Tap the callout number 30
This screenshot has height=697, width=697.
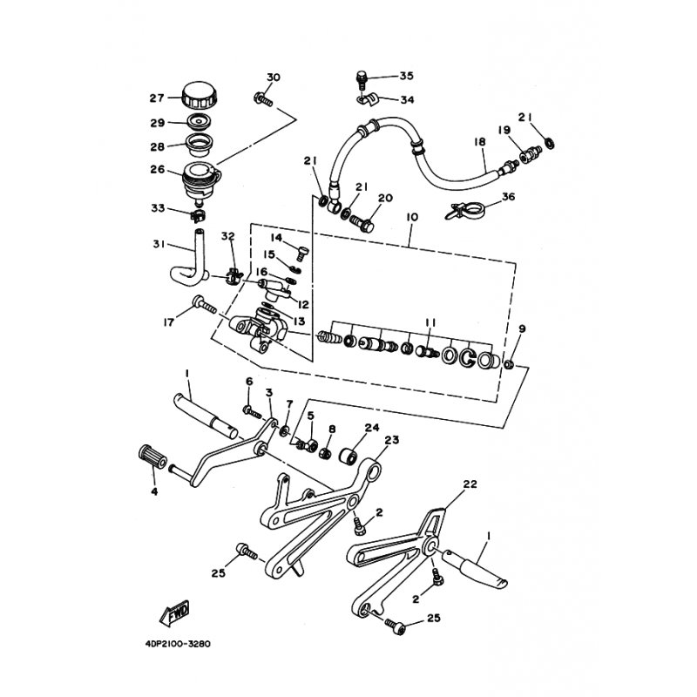click(273, 78)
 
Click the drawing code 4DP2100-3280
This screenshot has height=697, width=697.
click(173, 646)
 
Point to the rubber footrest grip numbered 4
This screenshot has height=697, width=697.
click(152, 457)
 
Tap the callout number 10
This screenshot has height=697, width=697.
click(412, 215)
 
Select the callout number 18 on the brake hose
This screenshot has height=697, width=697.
click(479, 142)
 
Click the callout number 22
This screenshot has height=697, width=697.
click(470, 484)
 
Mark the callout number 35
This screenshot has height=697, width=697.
click(407, 77)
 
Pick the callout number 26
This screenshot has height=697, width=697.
click(157, 170)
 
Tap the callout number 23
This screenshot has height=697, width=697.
click(391, 441)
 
